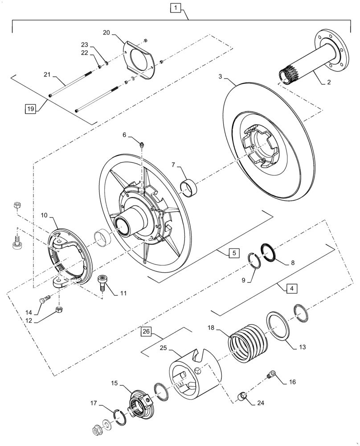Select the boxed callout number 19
[x=30, y=108]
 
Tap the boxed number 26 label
[x=147, y=331]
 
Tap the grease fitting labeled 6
[x=141, y=145]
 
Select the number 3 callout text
[x=221, y=77]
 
